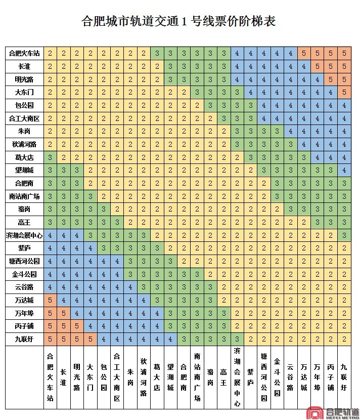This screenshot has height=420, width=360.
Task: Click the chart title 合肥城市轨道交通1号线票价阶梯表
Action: coord(179,22)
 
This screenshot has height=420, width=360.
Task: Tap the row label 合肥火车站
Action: coord(24,53)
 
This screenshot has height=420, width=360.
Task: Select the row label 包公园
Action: coord(24,105)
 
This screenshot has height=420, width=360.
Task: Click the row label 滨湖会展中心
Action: coord(24,235)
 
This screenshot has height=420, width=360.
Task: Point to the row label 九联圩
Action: coord(24,339)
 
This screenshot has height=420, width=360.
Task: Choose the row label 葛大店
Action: coord(24,157)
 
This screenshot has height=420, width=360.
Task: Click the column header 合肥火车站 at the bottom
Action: coord(50,377)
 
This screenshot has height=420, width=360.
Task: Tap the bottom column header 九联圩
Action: coord(344,377)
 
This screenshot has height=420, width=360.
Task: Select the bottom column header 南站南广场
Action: coord(197,377)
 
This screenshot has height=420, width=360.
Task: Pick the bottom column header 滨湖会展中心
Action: coord(237,377)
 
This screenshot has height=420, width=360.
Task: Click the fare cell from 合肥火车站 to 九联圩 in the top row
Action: coord(344,53)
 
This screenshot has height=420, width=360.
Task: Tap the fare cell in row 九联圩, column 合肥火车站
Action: coord(50,339)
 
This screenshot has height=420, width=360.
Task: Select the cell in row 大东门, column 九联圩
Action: coord(344,92)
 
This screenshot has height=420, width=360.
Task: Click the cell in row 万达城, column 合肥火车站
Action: coord(50,300)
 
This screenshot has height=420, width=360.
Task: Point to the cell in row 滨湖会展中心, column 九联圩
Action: coord(344,235)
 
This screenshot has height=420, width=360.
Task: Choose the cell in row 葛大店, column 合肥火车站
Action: coord(50,157)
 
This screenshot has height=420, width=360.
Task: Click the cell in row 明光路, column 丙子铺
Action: coord(331,79)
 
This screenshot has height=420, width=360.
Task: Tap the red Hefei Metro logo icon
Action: coord(316,412)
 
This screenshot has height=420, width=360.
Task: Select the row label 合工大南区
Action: coord(24,118)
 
